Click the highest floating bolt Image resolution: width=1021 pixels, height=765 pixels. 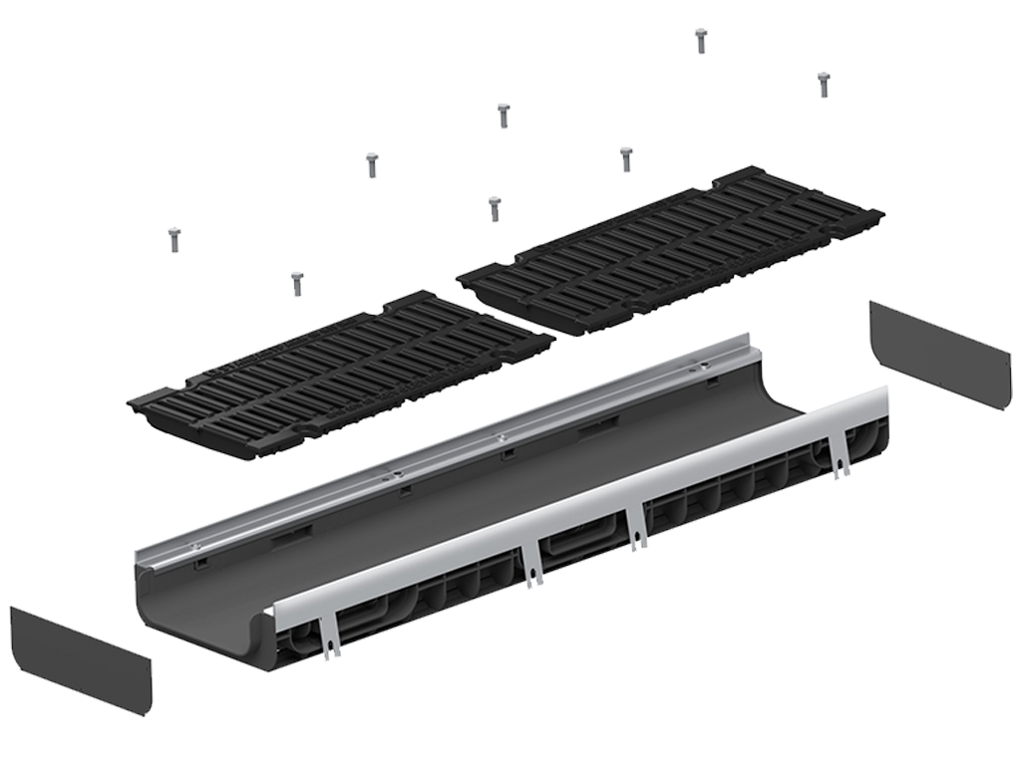pos(701,40)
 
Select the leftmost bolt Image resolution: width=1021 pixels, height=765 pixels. pos(173,239)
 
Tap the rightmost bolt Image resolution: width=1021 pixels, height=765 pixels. pos(824,84)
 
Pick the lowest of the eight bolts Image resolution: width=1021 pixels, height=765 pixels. pos(296,283)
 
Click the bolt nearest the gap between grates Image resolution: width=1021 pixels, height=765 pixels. pos(495,207)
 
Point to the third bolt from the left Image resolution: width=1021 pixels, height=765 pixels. pos(372,163)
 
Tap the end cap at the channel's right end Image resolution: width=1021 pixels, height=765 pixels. pos(937,354)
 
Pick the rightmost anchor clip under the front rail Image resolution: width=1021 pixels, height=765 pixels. pos(841,458)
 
